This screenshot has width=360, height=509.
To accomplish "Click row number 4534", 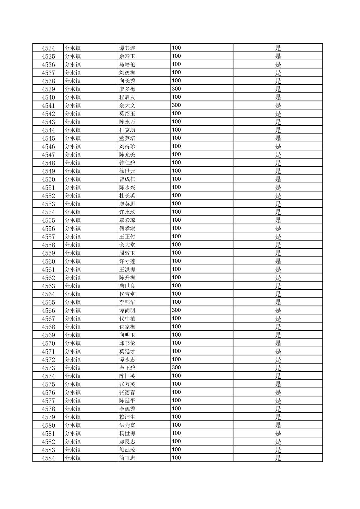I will pos(48,48).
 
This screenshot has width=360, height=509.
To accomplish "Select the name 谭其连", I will pos(127,48).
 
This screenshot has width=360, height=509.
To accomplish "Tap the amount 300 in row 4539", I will pos(176,89).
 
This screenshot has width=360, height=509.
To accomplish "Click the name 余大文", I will pos(127,105).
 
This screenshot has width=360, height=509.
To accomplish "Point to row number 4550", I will pos(48,179).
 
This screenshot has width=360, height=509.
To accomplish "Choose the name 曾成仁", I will pos(127,179).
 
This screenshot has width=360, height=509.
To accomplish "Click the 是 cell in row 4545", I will pos(278,138).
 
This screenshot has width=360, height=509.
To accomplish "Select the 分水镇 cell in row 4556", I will pos(73,228).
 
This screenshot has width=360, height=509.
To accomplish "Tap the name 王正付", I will pos(127,237).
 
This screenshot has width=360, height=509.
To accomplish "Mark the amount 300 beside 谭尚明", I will pos(176,310).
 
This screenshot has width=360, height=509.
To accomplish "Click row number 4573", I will pos(48,368).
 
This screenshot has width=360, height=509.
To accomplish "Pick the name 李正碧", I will pos(127,368).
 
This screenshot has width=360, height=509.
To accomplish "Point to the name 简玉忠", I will pos(127,458).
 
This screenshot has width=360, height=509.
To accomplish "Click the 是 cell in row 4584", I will pos(278,458).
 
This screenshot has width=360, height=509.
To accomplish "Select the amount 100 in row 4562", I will pos(176,277).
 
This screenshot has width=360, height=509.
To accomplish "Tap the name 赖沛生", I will pos(127,417).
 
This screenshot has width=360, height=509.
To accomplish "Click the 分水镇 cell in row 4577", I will pos(73,401).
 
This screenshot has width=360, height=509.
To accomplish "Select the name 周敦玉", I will pos(127,253).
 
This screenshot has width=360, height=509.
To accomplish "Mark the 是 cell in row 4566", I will pos(278,310).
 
